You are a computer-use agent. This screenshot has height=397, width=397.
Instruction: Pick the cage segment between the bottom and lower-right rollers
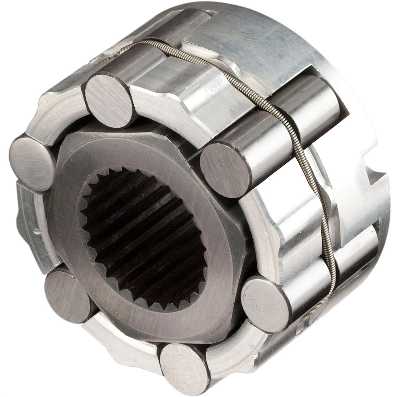(228, 341)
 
